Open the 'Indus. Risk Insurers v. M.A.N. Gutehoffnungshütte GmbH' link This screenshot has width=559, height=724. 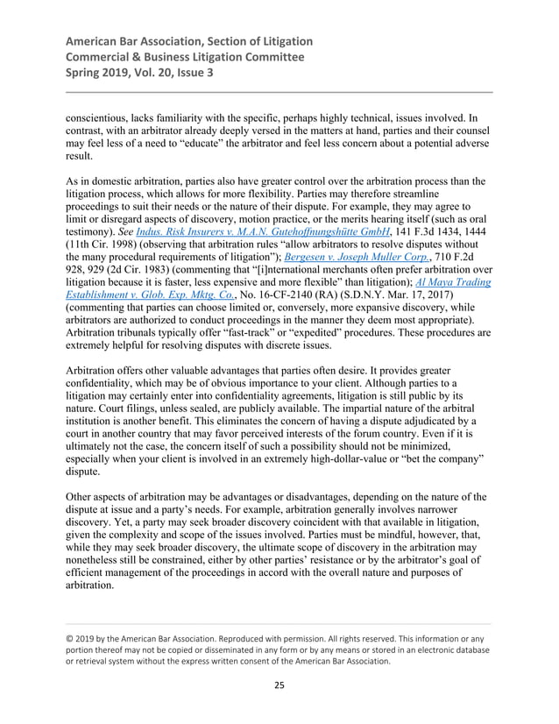click(226, 229)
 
